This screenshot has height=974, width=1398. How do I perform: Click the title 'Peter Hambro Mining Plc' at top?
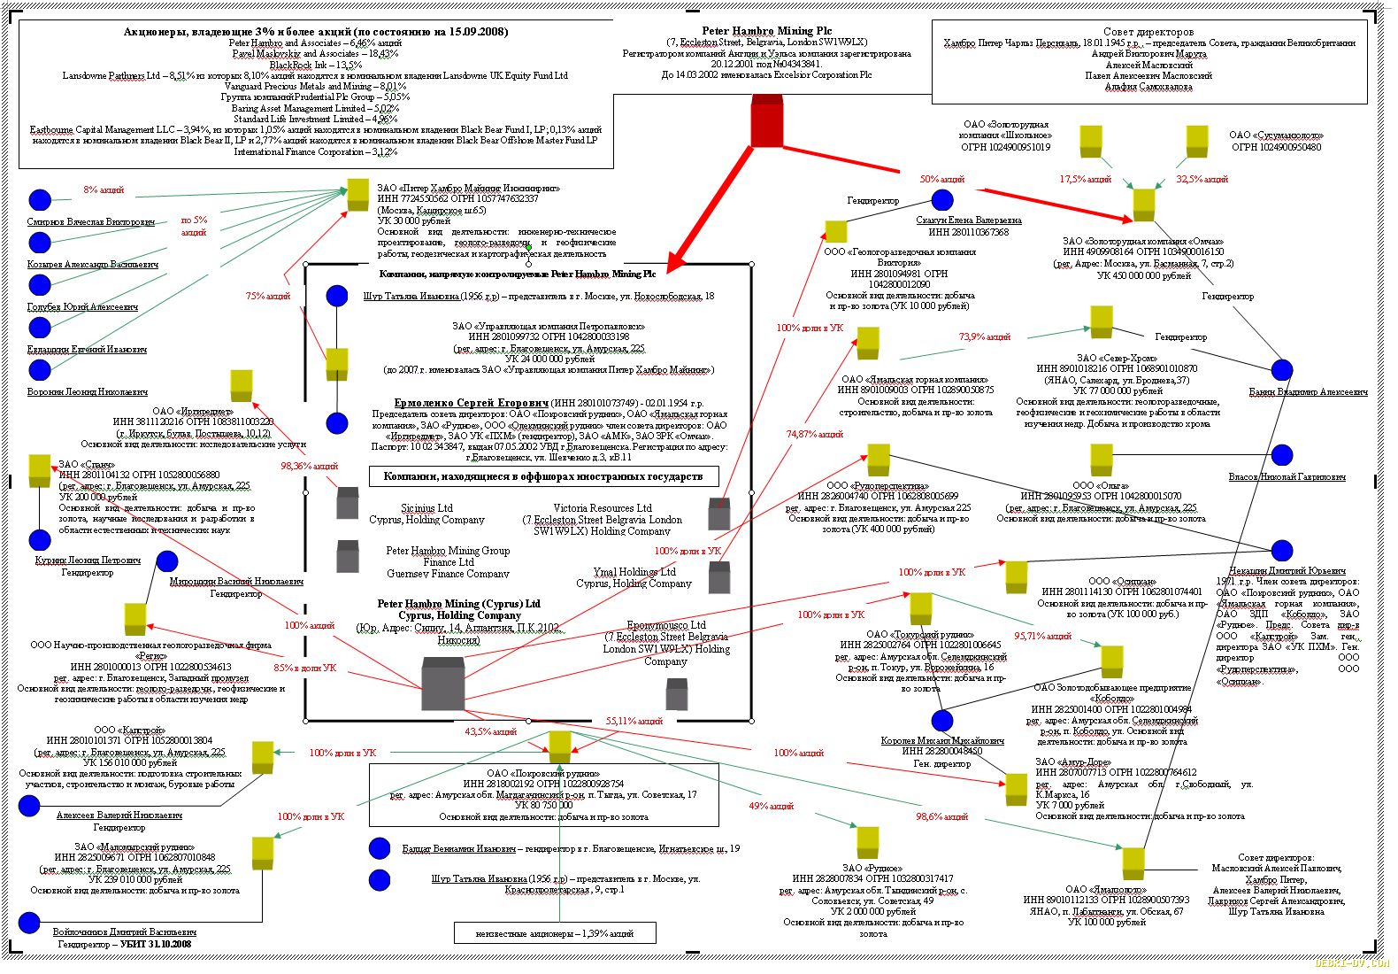pos(766,31)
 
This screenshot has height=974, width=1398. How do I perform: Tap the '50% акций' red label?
pos(941,179)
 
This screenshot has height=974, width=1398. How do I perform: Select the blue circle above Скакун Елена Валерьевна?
pos(942,200)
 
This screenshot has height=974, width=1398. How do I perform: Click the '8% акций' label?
pos(104,189)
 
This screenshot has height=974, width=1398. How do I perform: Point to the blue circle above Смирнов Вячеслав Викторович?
pos(40,200)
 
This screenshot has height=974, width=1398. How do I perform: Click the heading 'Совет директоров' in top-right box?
pos(1148,32)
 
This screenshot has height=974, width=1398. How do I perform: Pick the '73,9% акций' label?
pos(984,336)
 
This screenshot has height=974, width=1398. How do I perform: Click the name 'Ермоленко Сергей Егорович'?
pos(471,403)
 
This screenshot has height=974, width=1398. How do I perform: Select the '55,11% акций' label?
pos(634,721)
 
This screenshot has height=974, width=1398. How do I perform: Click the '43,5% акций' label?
pos(490,731)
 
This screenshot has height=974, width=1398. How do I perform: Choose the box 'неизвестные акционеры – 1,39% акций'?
pos(555,933)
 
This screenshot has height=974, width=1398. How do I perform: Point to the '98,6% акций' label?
pos(941,816)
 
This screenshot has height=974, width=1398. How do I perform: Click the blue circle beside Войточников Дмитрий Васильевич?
pos(29,923)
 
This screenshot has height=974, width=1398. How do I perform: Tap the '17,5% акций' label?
pos(1085,179)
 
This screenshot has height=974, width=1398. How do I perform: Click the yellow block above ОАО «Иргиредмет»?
pos(242,385)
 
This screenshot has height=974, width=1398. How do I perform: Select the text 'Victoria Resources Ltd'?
pos(602,508)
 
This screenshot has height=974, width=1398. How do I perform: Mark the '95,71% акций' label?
pos(1042,636)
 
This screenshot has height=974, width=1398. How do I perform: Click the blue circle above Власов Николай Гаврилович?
pos(1282,455)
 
